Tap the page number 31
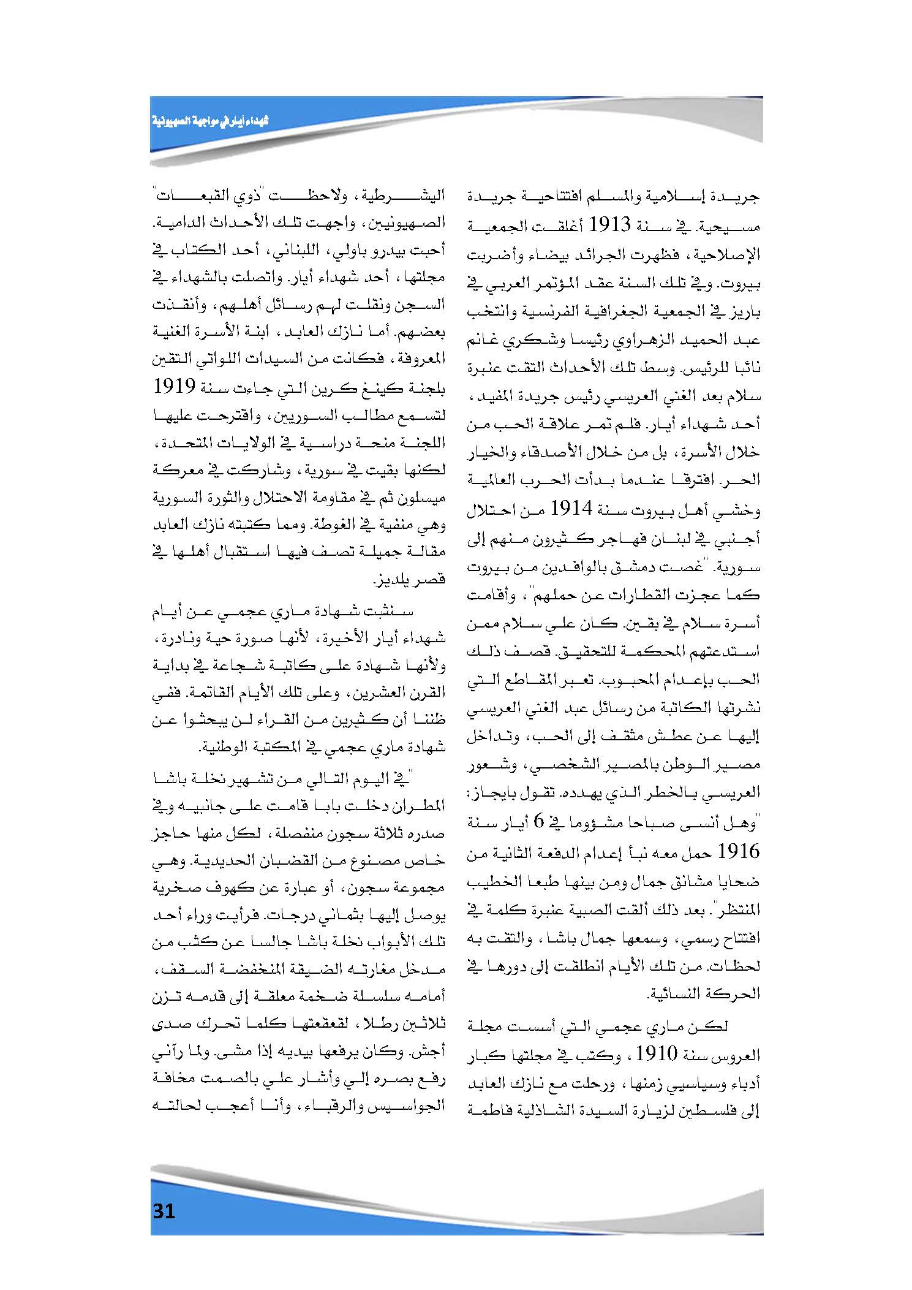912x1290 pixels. pos(164,1212)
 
